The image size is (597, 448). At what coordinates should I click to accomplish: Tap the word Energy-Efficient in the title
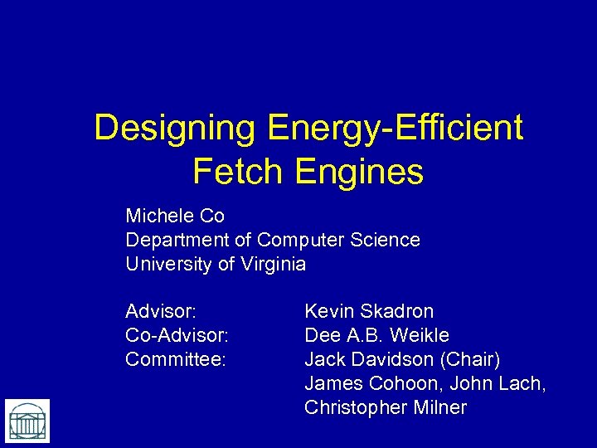(396, 129)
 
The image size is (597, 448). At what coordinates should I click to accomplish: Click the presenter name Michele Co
(175, 217)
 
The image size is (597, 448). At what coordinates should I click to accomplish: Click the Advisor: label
(161, 312)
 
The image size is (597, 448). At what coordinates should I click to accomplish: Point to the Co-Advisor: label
(177, 336)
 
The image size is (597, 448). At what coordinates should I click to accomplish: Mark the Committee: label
(175, 360)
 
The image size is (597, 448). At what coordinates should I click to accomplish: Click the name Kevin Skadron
(369, 312)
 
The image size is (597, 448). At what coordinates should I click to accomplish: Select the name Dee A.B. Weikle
(376, 336)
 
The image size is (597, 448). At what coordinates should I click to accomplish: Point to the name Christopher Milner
(386, 408)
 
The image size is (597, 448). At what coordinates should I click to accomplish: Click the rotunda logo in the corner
(27, 421)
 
